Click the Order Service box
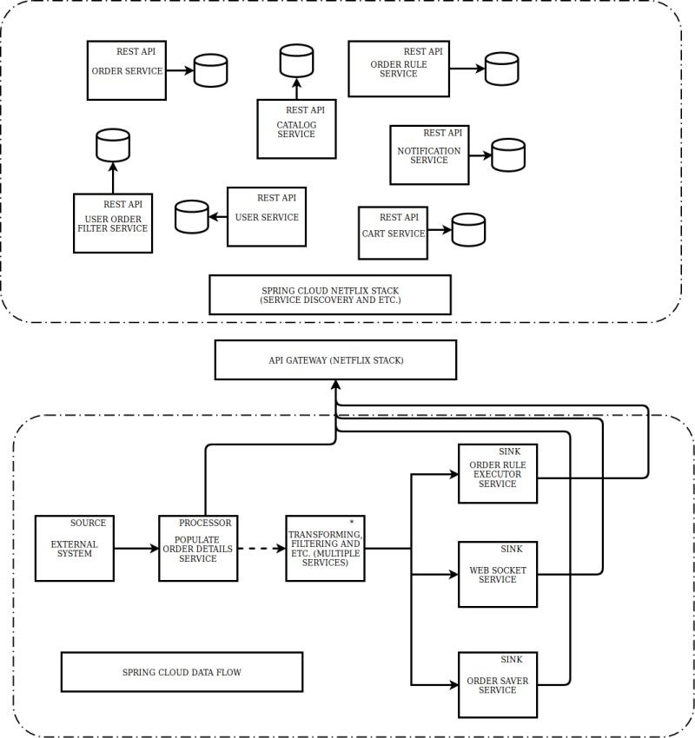pyautogui.click(x=127, y=69)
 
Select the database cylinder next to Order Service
pyautogui.click(x=210, y=70)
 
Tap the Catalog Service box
pyautogui.click(x=296, y=128)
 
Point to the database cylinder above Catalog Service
pyautogui.click(x=295, y=61)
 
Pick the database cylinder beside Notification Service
pyautogui.click(x=508, y=155)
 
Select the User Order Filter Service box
pyautogui.click(x=113, y=223)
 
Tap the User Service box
pyautogui.click(x=267, y=216)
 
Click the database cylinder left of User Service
pyautogui.click(x=192, y=217)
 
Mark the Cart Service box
pyautogui.click(x=393, y=233)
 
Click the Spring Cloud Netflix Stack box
pyautogui.click(x=330, y=294)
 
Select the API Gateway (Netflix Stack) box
pyautogui.click(x=335, y=359)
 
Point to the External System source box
pyautogui.click(x=75, y=549)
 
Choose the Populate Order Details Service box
pyautogui.click(x=198, y=549)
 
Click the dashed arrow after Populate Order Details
pyautogui.click(x=261, y=549)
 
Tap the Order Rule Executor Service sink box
pyautogui.click(x=498, y=474)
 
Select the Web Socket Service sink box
pyautogui.click(x=498, y=574)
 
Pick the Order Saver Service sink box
pyautogui.click(x=498, y=685)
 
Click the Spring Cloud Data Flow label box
pyautogui.click(x=182, y=672)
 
